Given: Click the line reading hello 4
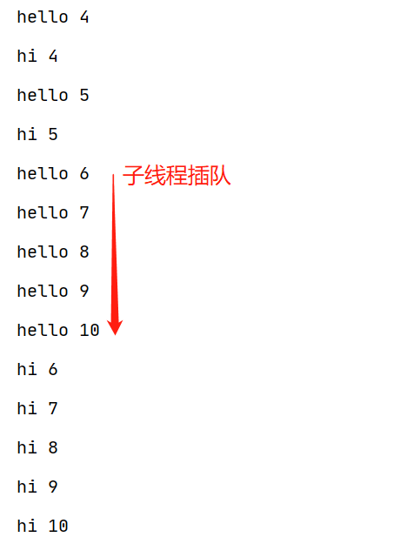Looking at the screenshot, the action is pos(53,17).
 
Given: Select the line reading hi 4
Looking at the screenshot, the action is pos(37,56).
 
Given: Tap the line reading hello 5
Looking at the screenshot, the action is pos(53,95).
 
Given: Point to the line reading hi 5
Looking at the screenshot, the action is pos(37,134).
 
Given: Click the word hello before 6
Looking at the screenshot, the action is pos(43,173).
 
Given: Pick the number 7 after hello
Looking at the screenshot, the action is pos(84,212).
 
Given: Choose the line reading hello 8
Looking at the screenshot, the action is pos(53,252).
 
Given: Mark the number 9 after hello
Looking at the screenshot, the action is pos(84,291).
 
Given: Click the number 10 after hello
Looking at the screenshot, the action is pos(90,330).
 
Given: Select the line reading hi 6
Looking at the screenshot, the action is pos(37,369).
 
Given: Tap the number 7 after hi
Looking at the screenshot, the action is pos(53,408).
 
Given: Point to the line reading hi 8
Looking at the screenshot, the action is pos(37,447).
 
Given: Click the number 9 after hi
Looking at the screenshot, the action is pos(53,487).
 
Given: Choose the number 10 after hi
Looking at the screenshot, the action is pos(58,526).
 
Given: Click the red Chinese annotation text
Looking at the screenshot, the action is pos(177,175).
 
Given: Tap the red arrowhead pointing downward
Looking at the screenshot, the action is pos(115,327).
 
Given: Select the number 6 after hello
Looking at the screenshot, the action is pos(84,174).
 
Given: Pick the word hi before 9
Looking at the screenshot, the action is pos(27,487).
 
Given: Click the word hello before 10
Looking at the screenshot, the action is pos(43,330).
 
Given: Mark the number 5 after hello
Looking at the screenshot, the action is pos(84,95).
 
